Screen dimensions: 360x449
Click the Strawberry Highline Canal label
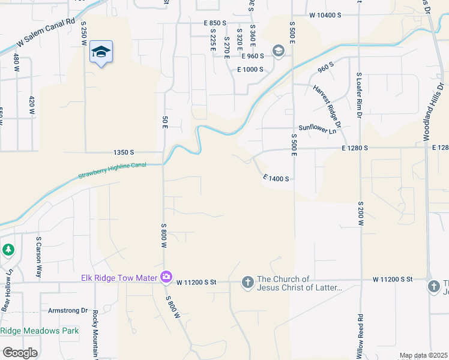coord(112,171)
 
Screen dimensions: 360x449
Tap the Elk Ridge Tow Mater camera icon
coord(166,277)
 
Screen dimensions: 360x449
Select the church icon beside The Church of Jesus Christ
coord(247,282)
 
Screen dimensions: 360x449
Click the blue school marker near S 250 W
coord(101,53)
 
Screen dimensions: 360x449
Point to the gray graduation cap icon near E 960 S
coord(278,51)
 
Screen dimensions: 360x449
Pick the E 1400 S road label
coord(276,178)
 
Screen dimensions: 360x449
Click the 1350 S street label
coord(124,153)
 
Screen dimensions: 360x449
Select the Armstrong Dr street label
coord(68,311)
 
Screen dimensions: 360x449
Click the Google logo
coord(20,352)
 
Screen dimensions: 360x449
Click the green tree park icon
coord(8,249)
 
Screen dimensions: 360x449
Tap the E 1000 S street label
coord(250,70)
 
